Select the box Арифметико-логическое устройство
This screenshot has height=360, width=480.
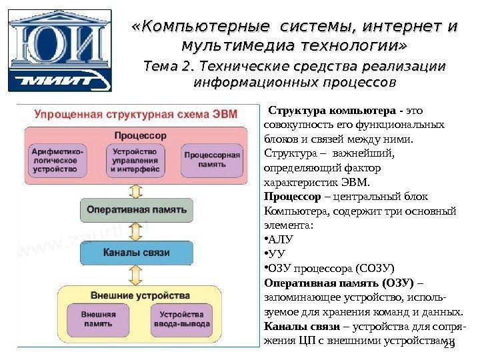tap(57, 160)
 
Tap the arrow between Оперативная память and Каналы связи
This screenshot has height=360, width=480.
tap(138, 231)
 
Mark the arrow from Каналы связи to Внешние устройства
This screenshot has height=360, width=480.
tap(138, 275)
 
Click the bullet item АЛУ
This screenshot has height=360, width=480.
tap(282, 238)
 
